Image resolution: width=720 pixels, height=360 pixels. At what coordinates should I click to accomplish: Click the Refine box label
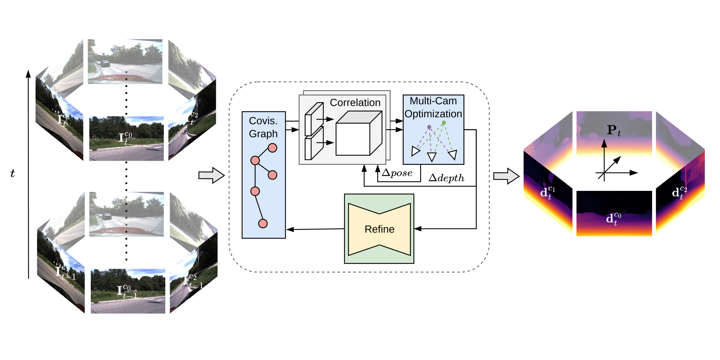(x=379, y=229)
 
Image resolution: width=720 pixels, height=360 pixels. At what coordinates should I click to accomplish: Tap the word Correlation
(x=355, y=103)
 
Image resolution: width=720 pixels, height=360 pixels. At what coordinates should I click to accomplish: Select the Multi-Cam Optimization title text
(x=433, y=107)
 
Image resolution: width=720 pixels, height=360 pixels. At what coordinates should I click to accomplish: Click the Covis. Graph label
(x=263, y=127)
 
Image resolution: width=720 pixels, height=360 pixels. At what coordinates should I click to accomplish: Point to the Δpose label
(x=397, y=173)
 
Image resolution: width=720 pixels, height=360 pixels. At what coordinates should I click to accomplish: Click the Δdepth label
(x=446, y=178)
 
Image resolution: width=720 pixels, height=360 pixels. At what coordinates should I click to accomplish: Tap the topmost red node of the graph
(x=272, y=148)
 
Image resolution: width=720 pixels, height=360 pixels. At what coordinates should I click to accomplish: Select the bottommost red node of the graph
(x=263, y=223)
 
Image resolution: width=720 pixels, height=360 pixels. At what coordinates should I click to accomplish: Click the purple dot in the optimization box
(x=429, y=127)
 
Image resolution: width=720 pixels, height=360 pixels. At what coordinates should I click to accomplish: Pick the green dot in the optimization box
(x=444, y=123)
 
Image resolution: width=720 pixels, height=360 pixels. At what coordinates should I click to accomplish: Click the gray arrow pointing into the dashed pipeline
(x=211, y=175)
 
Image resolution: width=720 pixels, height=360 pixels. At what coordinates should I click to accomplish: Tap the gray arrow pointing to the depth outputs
(x=506, y=176)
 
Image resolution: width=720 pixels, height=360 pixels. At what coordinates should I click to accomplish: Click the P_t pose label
(x=613, y=130)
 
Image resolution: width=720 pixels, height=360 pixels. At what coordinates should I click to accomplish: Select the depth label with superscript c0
(x=613, y=219)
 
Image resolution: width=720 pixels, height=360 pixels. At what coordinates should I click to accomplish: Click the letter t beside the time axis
(x=13, y=174)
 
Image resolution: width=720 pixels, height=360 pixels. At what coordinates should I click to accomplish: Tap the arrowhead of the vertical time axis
(x=28, y=73)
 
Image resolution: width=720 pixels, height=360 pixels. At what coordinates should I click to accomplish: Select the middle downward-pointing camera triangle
(x=432, y=156)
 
